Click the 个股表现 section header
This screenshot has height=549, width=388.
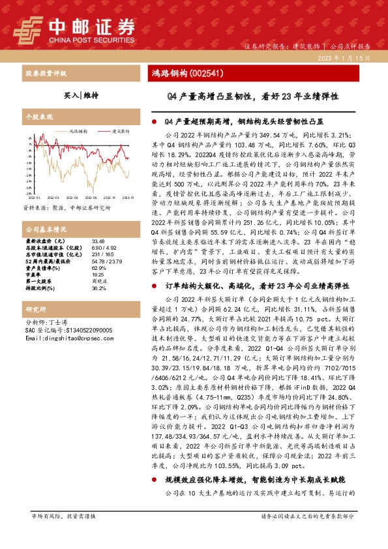pos(37,117)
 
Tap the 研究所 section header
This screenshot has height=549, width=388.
pos(34,310)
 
